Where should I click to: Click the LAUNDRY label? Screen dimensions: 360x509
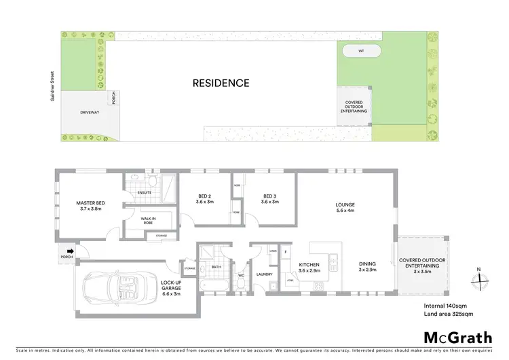click(264, 274)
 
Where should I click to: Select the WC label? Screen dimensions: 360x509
click(240, 275)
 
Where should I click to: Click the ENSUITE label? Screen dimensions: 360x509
click(144, 192)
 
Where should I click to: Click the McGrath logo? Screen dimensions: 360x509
click(457, 338)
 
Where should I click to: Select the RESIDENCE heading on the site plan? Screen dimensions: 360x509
click(221, 84)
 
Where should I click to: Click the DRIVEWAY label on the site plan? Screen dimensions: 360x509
click(90, 112)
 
